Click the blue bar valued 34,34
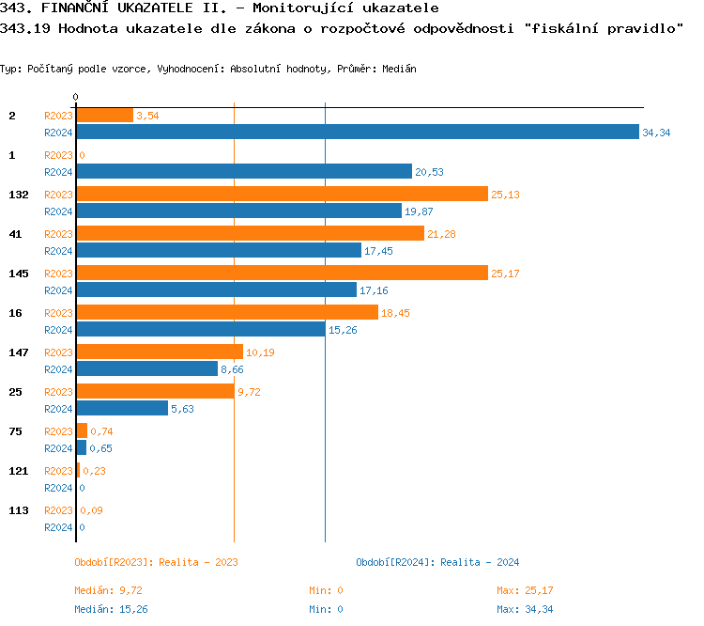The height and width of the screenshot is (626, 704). click(357, 132)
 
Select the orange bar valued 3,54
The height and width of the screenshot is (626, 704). click(104, 115)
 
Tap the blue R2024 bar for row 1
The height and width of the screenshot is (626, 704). click(243, 171)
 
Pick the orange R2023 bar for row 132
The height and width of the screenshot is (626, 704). click(282, 194)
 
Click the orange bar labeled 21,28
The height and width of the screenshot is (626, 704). click(250, 233)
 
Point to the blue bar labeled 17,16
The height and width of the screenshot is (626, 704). click(216, 290)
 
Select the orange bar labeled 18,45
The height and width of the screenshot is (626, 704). click(226, 312)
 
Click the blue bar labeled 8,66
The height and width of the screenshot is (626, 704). click(146, 368)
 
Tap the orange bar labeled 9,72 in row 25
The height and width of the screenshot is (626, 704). click(155, 391)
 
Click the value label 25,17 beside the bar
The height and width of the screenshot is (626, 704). click(504, 274)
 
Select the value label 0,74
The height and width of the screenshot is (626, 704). click(100, 431)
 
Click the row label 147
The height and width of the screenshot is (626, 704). click(18, 352)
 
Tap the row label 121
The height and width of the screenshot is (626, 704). click(18, 470)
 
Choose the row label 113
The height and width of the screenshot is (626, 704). click(18, 509)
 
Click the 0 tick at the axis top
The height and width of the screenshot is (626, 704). click(75, 98)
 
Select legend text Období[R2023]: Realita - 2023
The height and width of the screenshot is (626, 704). click(156, 562)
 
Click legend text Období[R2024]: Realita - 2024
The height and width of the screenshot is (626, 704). click(437, 562)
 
